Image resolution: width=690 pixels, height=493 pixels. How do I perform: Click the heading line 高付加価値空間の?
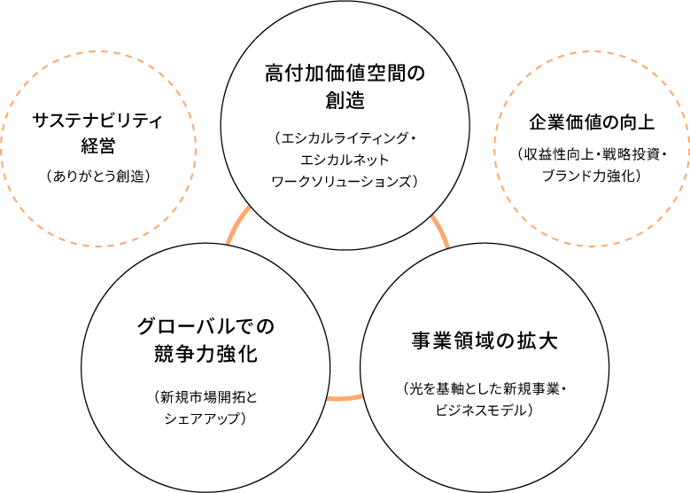point(345,73)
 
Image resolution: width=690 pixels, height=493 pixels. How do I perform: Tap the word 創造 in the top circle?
point(345,100)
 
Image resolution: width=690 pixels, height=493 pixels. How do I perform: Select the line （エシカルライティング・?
point(345,139)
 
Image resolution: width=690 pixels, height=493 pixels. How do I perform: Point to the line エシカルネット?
point(345,160)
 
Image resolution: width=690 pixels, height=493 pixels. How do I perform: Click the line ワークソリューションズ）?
point(345,181)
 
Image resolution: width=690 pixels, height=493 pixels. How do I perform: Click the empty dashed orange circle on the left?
point(97,147)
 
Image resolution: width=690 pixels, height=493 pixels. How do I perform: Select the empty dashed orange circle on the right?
point(592,147)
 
